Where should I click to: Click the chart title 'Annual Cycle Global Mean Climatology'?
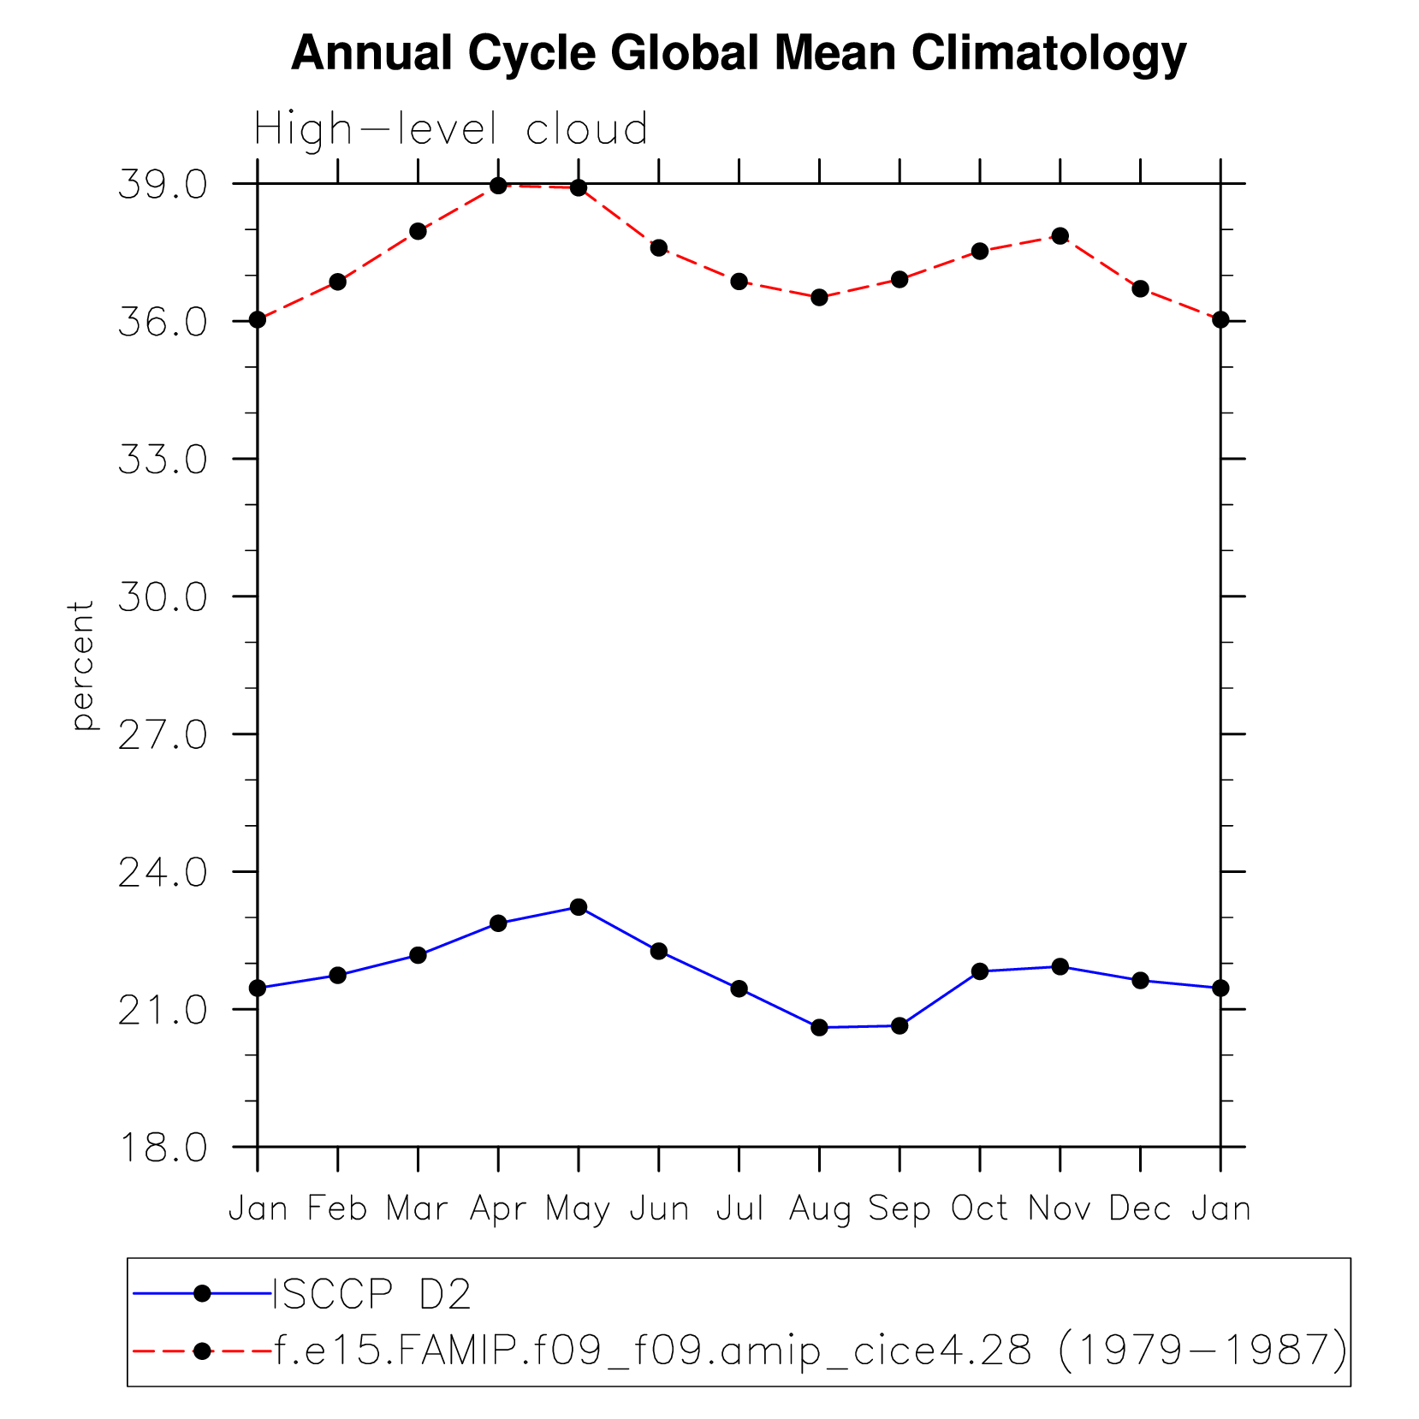pyautogui.click(x=738, y=53)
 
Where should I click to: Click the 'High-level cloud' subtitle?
pyautogui.click(x=450, y=130)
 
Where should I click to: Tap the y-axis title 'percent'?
pyautogui.click(x=82, y=665)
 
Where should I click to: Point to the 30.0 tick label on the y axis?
pyautogui.click(x=163, y=597)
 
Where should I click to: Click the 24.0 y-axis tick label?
pyautogui.click(x=163, y=873)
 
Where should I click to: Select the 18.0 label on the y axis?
pyautogui.click(x=163, y=1148)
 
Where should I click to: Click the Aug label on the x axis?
pyautogui.click(x=819, y=1209)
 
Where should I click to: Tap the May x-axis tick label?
pyautogui.click(x=578, y=1209)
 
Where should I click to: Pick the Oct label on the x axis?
pyautogui.click(x=979, y=1208)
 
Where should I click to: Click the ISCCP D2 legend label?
pyautogui.click(x=371, y=1295)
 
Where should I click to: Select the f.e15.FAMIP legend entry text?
pyautogui.click(x=810, y=1351)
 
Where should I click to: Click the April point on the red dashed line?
pyautogui.click(x=498, y=186)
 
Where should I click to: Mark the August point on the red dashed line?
pyautogui.click(x=819, y=297)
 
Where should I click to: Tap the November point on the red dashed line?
pyautogui.click(x=1060, y=235)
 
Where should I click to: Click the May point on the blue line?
pyautogui.click(x=579, y=906)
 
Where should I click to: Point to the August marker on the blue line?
pyautogui.click(x=819, y=1027)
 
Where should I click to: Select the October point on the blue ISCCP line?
pyautogui.click(x=980, y=971)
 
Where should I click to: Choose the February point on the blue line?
pyautogui.click(x=338, y=975)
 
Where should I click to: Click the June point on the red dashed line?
pyautogui.click(x=658, y=247)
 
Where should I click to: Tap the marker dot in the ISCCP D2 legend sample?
pyautogui.click(x=202, y=1293)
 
